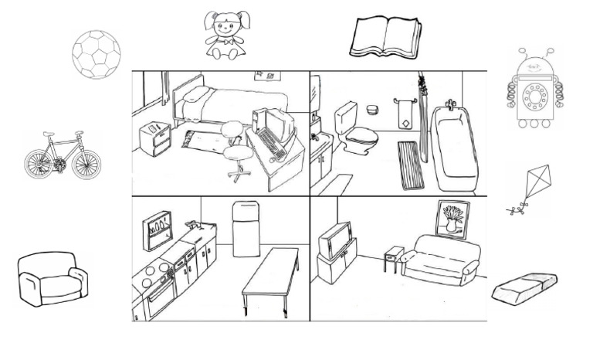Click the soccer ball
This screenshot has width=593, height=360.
97,53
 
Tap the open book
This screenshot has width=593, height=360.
385,37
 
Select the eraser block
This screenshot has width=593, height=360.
525,289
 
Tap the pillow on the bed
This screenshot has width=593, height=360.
196,96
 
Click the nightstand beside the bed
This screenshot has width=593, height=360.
154,138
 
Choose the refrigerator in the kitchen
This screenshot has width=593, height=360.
246,229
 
